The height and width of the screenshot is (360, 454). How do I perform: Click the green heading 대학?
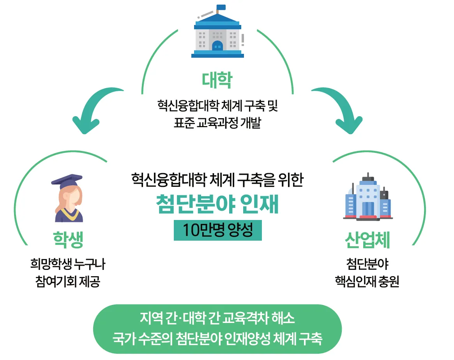[217, 80]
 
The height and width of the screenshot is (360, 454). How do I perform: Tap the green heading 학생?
[68, 240]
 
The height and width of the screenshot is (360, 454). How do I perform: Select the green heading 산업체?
[367, 240]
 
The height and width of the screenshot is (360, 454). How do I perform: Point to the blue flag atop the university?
[221, 7]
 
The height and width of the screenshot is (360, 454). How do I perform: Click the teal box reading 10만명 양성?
[218, 231]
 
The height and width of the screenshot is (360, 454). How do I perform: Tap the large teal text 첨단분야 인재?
[217, 204]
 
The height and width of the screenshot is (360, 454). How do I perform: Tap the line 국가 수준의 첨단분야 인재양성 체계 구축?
[217, 338]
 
